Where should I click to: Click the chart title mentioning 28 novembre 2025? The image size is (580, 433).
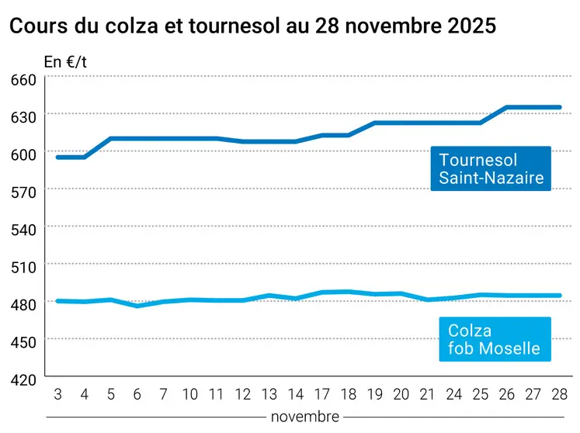coord(252,26)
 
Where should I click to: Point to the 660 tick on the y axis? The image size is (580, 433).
coord(24,80)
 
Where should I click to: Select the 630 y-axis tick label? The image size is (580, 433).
coord(24,118)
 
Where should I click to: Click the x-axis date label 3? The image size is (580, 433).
coord(57,395)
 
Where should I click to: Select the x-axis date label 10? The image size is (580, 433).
coord(190,395)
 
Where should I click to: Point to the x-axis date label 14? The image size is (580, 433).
coord(296,395)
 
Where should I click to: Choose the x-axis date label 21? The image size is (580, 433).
coord(429,395)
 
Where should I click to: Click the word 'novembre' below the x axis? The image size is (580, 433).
coord(304,417)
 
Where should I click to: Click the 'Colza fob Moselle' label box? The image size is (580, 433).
coord(494,340)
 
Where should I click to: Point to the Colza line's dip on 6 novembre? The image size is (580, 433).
coord(137,306)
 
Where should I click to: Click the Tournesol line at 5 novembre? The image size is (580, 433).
coord(111,139)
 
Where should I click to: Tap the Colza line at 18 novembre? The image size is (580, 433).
coord(349,292)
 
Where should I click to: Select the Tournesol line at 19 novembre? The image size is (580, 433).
coord(376,123)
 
